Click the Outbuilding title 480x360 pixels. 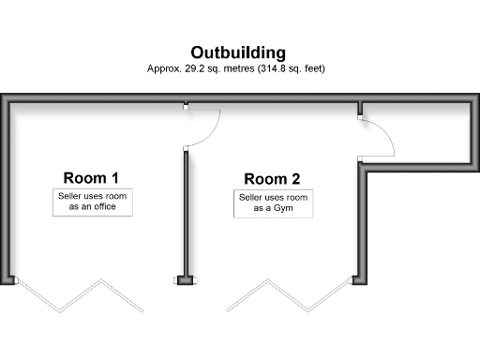238,52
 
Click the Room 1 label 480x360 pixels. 91,177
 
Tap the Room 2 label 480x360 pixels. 272,179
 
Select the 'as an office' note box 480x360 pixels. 93,202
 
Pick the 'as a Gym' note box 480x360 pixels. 273,204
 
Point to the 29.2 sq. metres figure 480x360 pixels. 202,69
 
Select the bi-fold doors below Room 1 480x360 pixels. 80,295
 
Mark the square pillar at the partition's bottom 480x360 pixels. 185,279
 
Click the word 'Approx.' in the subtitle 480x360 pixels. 164,69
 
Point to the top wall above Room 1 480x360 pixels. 94,99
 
